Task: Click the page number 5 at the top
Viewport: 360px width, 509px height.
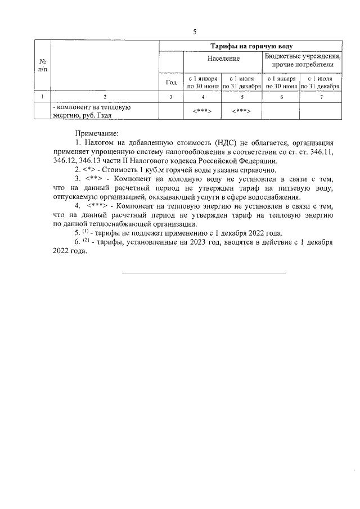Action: (194, 31)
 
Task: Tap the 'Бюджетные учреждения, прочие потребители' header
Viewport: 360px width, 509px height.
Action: (303, 62)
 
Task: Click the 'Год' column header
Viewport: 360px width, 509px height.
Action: (172, 82)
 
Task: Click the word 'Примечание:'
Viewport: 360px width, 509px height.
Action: (97, 133)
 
